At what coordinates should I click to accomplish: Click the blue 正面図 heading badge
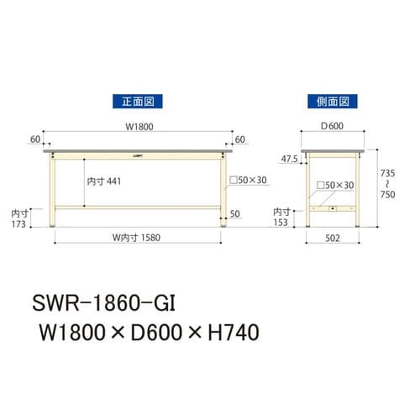[x=136, y=102]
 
